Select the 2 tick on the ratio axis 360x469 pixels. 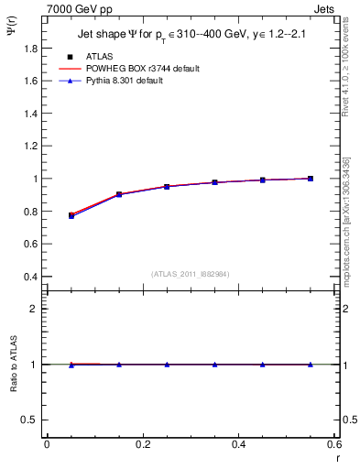(x=34, y=309)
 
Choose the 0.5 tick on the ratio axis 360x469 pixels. (x=30, y=420)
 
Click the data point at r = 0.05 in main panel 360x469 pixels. (x=71, y=215)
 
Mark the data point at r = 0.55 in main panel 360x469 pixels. (x=311, y=179)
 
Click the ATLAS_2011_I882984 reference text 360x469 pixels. (x=191, y=274)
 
